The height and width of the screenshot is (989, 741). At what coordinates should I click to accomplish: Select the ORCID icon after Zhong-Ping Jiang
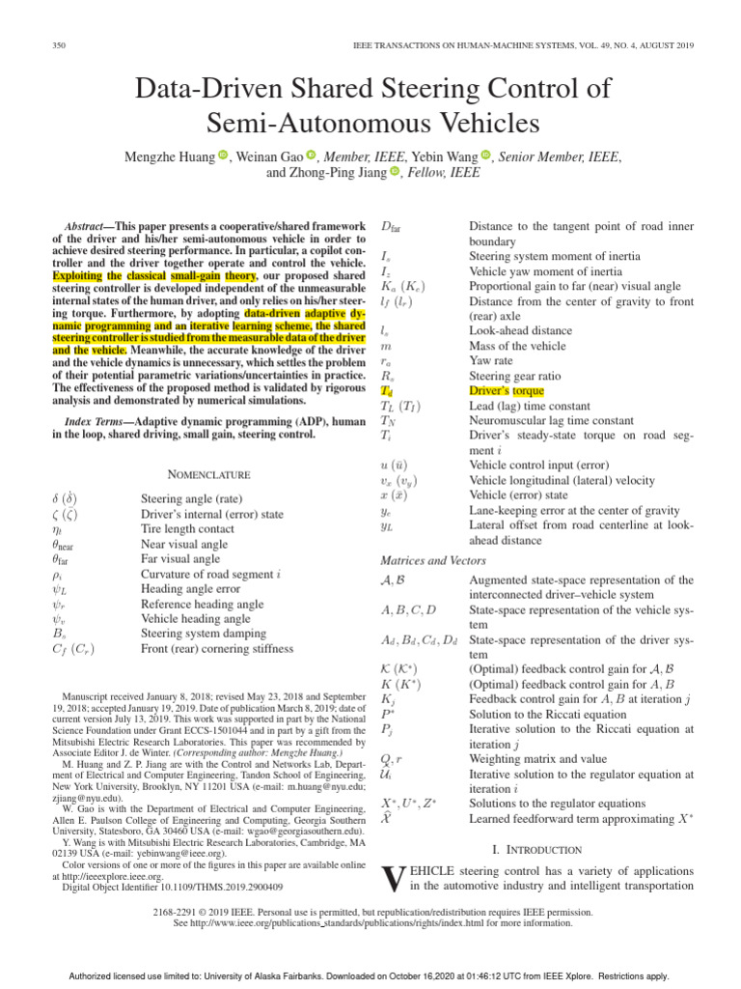[x=394, y=172]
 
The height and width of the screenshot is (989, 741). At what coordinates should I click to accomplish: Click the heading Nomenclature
[x=209, y=474]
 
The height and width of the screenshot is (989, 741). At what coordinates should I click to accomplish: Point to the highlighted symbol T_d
[x=387, y=391]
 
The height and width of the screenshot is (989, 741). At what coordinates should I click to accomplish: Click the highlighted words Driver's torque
[x=507, y=391]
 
